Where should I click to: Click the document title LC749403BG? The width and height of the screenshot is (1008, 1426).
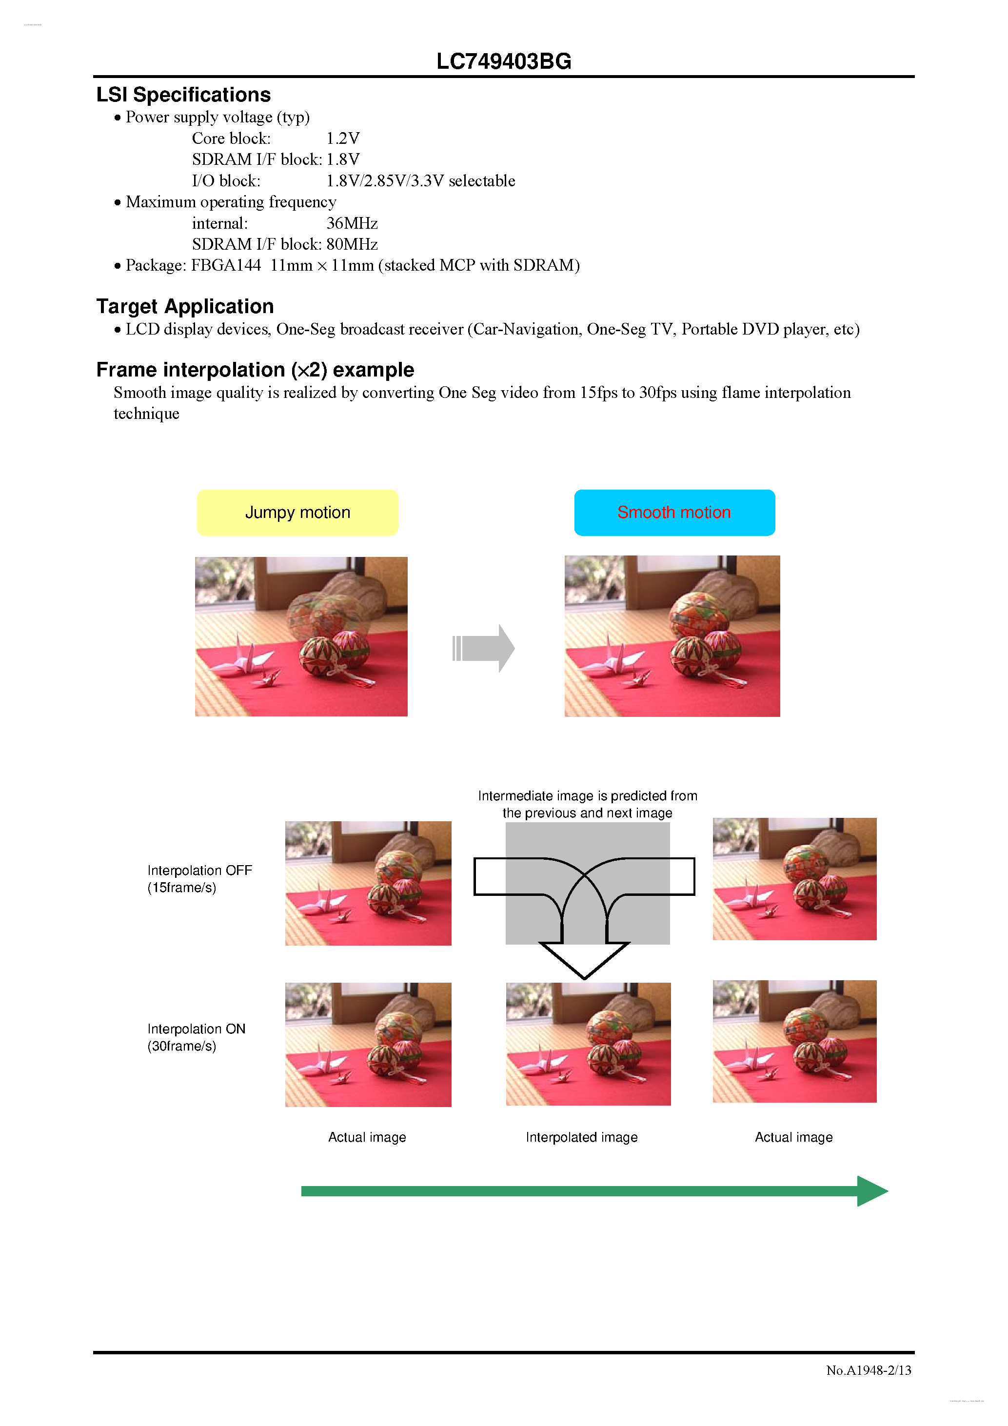coord(504,61)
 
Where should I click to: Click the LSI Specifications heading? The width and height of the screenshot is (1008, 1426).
coord(183,95)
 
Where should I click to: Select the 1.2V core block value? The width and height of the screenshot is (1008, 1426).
coord(343,139)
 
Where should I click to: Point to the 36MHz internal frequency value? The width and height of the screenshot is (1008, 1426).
coord(352,223)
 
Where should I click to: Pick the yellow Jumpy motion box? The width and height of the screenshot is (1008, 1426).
coord(297,513)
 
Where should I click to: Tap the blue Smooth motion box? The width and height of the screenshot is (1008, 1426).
coord(674,513)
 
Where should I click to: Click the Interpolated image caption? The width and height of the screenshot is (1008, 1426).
coord(581,1137)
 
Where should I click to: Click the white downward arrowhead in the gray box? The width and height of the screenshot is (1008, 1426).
coord(584,960)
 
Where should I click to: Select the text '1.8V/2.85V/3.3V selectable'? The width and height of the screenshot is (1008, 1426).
coord(420,181)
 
